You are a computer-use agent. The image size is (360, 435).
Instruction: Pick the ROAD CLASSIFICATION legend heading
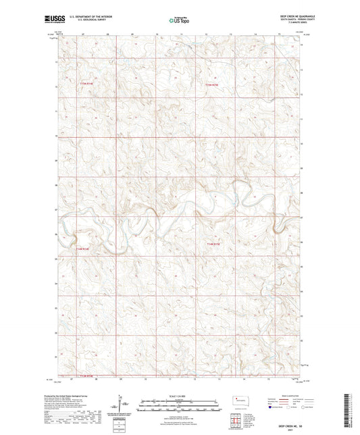click(292, 395)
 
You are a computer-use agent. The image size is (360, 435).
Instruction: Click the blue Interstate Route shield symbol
click(271, 408)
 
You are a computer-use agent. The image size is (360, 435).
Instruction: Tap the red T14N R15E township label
click(213, 243)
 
